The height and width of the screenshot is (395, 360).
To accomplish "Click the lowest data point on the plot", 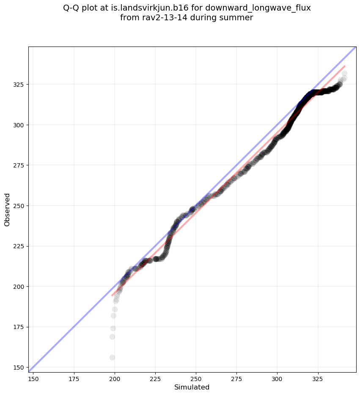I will [112, 357].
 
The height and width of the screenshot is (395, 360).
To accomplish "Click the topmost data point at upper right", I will [344, 74].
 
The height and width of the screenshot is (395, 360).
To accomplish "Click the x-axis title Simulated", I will [192, 387].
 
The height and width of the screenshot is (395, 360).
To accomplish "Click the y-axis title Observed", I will [7, 210].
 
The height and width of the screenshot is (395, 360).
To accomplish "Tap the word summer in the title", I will [238, 18].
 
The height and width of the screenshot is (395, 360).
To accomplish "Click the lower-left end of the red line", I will [112, 295].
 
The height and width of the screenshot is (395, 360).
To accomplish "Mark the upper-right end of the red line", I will [345, 66].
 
